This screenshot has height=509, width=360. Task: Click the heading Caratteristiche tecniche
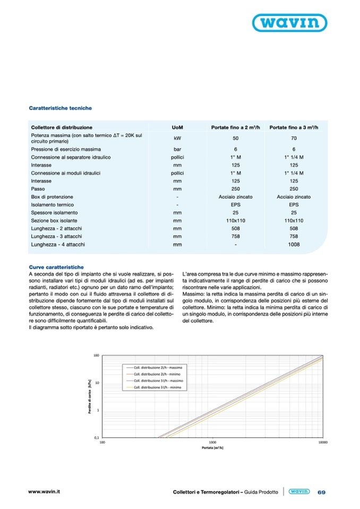pyautogui.click(x=60, y=108)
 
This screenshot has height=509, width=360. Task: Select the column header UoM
pyautogui.click(x=178, y=127)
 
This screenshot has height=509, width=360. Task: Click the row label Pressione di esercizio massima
pyautogui.click(x=66, y=150)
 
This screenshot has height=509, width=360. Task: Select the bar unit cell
pyautogui.click(x=178, y=150)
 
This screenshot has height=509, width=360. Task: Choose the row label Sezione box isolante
pyautogui.click(x=54, y=221)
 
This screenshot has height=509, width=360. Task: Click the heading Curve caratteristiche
pyautogui.click(x=56, y=267)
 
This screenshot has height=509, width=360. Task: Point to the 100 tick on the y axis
pyautogui.click(x=97, y=356)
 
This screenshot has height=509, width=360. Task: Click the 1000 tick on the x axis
pyautogui.click(x=212, y=442)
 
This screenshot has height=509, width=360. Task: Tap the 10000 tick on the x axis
pyautogui.click(x=322, y=442)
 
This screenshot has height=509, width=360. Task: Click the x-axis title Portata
pyautogui.click(x=212, y=448)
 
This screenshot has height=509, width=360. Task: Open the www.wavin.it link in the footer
pyautogui.click(x=44, y=492)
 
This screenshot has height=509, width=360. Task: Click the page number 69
pyautogui.click(x=321, y=493)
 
